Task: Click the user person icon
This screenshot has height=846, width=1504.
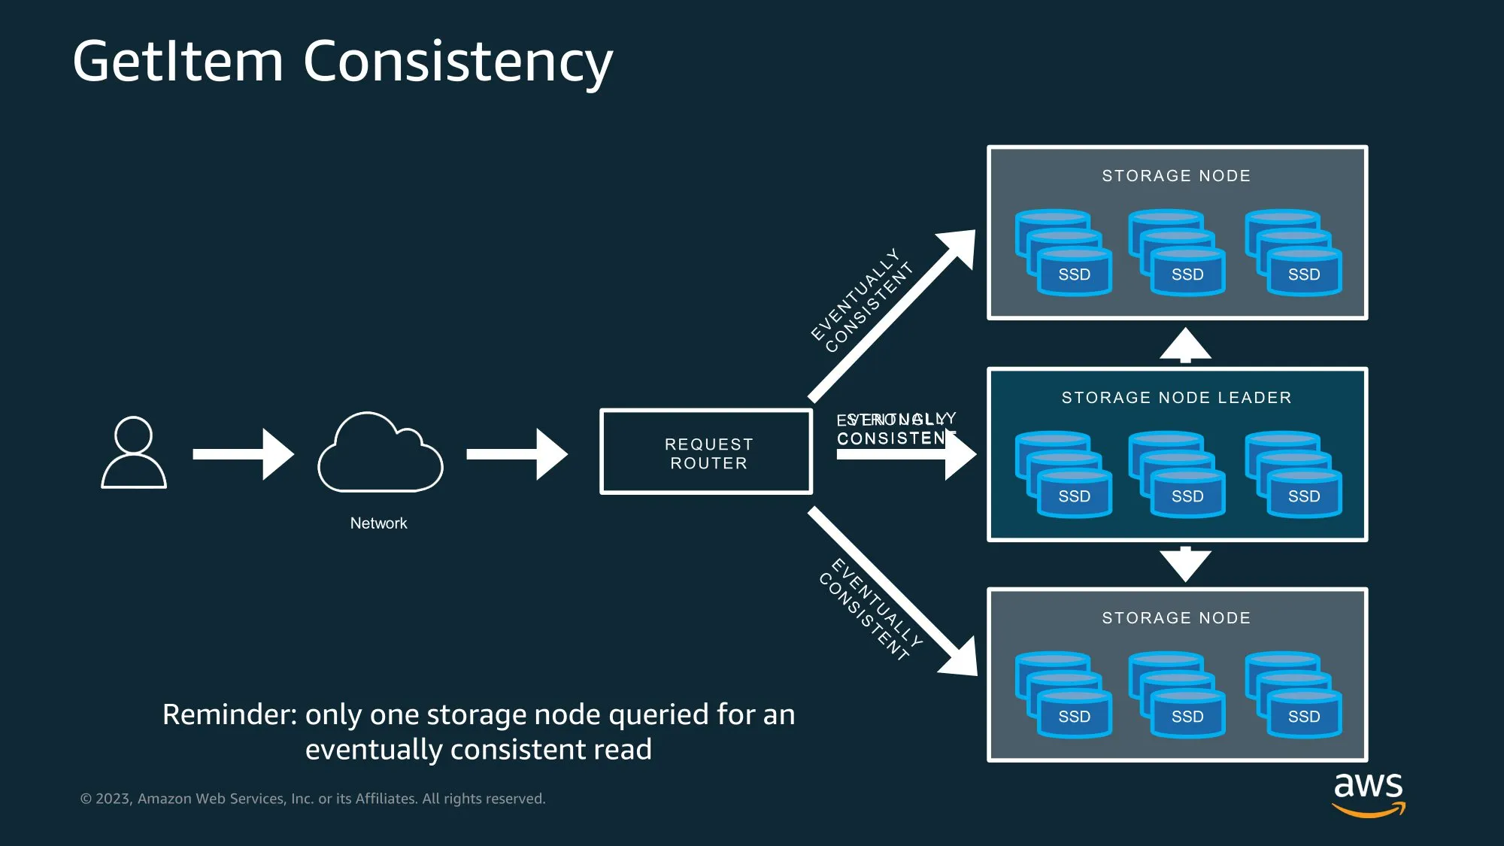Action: point(134,453)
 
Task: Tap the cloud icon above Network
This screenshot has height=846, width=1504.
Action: point(381,453)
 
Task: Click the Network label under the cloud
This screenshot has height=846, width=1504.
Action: point(378,523)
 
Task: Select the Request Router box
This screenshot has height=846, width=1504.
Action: point(706,453)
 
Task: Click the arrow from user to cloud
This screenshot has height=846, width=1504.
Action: point(242,453)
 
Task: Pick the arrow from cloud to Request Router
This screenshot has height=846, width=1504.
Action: point(516,453)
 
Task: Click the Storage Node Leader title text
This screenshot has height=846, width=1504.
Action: point(1176,398)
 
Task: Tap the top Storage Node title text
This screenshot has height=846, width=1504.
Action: point(1176,176)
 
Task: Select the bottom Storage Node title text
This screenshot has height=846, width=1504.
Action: point(1176,618)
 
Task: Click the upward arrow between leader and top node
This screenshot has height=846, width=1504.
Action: point(1185,345)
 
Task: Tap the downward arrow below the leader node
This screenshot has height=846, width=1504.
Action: point(1185,564)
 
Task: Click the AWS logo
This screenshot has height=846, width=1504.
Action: point(1368,793)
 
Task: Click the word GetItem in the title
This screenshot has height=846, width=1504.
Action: point(178,62)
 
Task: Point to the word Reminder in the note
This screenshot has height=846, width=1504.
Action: point(229,714)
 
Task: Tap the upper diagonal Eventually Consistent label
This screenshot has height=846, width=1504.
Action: point(862,300)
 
